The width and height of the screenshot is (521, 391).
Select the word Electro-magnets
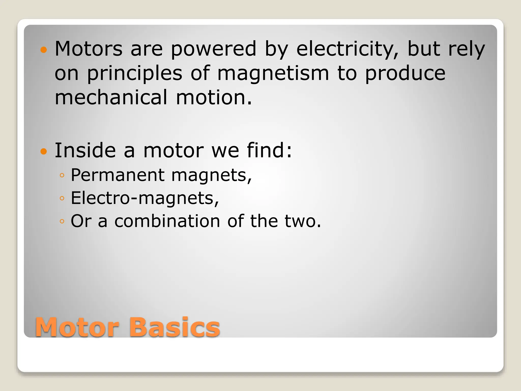144,198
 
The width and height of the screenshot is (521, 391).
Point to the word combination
167,221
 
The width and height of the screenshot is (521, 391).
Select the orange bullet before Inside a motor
44,151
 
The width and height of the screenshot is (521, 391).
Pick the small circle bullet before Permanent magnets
62,175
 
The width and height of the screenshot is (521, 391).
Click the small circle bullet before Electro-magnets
62,198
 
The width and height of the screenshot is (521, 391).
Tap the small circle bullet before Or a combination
62,221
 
